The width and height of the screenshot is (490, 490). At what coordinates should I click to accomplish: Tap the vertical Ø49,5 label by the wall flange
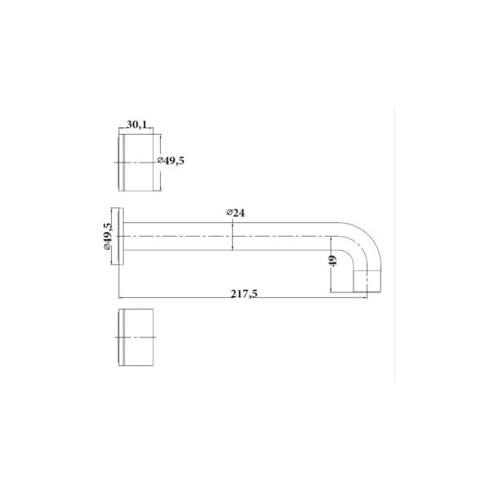coord(107,237)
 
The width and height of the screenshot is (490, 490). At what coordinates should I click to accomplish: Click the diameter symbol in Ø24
coord(228,213)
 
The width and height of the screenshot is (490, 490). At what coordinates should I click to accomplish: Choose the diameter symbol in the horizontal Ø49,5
coord(159,162)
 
